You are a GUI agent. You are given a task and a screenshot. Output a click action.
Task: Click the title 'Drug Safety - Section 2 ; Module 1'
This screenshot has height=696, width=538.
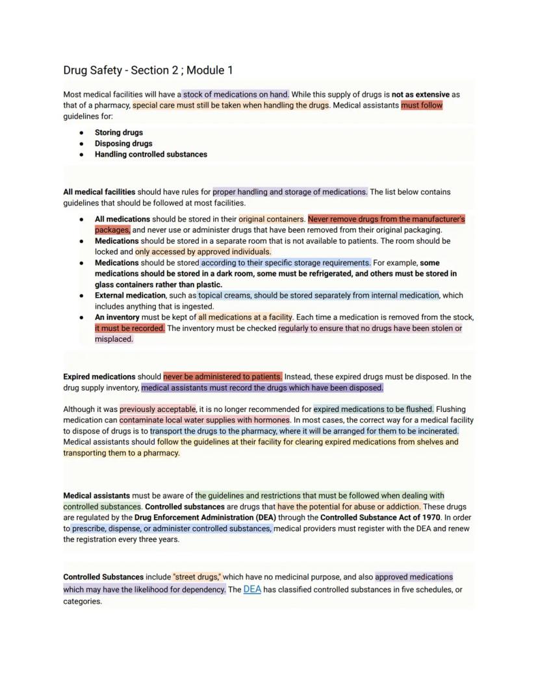point(148,70)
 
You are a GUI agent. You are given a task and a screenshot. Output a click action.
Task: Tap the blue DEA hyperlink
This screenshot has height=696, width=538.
point(252,589)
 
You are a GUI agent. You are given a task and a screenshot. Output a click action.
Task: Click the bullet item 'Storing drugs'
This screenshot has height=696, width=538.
point(119,133)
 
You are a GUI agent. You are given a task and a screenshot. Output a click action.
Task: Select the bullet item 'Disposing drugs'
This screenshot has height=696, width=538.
point(123,144)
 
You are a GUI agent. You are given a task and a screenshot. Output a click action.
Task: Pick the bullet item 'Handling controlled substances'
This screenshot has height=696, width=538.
point(151,155)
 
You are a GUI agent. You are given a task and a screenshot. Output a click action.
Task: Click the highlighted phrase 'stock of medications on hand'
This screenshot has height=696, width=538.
point(236,94)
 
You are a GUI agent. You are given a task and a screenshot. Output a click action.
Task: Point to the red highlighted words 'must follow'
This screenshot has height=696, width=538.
point(422,105)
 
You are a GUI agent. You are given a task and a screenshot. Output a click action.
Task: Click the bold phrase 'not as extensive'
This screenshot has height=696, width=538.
point(420,94)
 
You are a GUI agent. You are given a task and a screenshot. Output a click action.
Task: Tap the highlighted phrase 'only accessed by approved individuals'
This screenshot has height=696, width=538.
point(203,251)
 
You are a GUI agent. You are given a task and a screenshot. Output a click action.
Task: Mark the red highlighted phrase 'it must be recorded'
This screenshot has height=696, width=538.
point(130,328)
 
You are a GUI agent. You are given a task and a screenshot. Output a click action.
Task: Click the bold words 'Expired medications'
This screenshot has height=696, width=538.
point(99,377)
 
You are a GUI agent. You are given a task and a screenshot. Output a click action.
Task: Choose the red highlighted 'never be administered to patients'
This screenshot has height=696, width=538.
point(222,377)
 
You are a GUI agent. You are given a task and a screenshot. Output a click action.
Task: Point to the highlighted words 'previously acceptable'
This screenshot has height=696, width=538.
point(157,409)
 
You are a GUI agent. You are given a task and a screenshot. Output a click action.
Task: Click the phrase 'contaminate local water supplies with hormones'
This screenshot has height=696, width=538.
point(205,420)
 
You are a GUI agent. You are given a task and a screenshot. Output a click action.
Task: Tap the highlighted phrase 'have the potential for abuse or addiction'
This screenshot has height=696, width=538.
point(349,507)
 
